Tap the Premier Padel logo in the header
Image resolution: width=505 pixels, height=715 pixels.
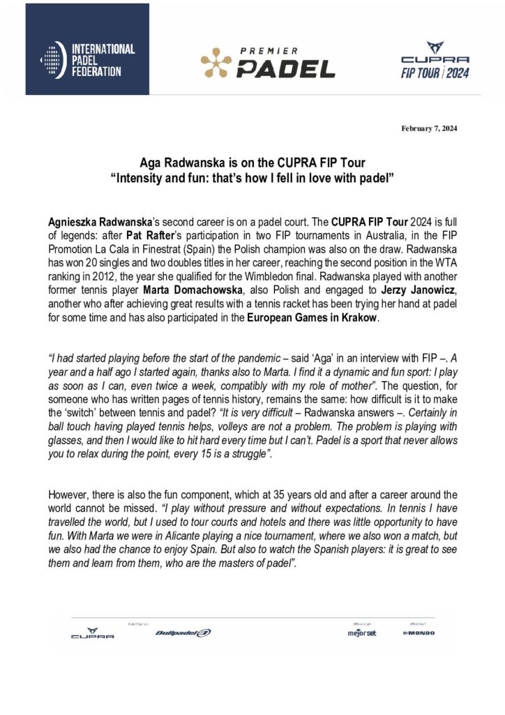[268, 63]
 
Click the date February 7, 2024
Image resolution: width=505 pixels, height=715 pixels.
[429, 127]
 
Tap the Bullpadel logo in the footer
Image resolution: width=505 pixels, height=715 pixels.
[183, 633]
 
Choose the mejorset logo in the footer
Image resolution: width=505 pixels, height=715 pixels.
[362, 633]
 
